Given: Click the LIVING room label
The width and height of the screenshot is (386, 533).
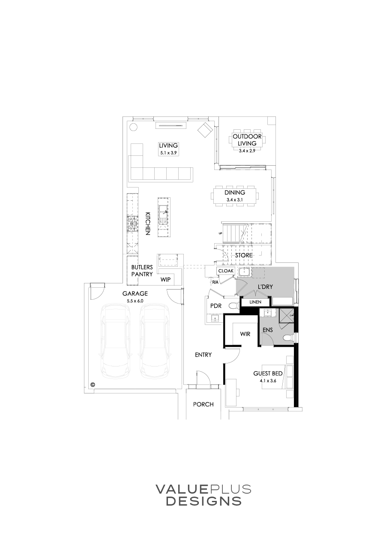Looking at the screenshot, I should [x=168, y=146].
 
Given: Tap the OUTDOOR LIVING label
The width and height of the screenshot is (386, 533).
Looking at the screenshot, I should [x=247, y=140].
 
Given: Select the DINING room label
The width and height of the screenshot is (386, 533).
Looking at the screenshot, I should [x=235, y=193].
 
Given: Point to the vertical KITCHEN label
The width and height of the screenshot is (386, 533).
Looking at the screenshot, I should [x=147, y=223].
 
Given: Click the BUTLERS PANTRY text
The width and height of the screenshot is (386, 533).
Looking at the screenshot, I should [x=142, y=271].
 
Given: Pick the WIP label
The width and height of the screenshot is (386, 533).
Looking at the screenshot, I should [x=165, y=280].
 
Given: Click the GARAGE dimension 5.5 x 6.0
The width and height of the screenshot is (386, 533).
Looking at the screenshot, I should [x=135, y=301].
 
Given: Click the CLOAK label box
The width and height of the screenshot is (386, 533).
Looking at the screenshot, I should [x=226, y=271].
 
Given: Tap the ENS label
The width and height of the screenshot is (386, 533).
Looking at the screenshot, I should [x=268, y=330].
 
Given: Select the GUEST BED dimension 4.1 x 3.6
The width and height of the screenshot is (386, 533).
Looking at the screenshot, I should [x=268, y=380].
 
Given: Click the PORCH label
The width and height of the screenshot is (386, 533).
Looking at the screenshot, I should [x=203, y=404].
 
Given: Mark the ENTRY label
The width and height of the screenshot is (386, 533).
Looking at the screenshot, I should [x=203, y=355].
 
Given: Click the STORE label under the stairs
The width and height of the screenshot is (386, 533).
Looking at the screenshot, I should [x=243, y=256].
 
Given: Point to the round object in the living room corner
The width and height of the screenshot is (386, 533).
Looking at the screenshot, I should [x=133, y=127].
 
